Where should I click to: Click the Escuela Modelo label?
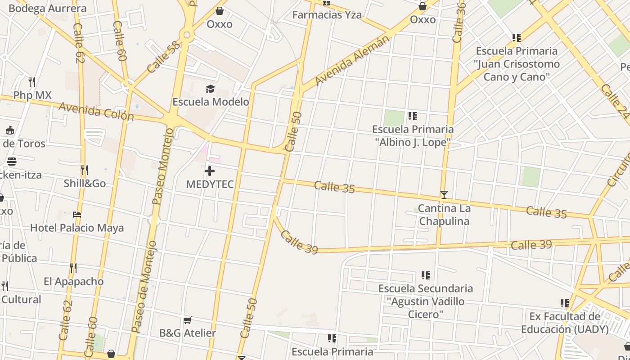(x=211, y=102)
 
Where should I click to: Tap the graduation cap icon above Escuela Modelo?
(x=210, y=89)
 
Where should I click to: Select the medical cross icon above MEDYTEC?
(x=210, y=171)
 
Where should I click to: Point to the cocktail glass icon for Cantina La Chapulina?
(x=444, y=195)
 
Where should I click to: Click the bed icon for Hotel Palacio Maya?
(x=77, y=215)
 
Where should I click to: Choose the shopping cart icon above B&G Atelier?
(x=188, y=320)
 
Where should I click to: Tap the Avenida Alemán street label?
(x=352, y=61)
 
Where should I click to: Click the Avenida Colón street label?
(x=96, y=111)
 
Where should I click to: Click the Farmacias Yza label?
(x=327, y=15)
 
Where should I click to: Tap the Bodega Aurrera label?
(x=47, y=8)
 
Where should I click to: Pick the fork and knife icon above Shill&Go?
(x=84, y=170)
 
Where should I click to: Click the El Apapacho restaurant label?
(x=74, y=282)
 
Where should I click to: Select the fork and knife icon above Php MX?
(x=32, y=82)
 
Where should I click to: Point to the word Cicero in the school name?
(x=425, y=314)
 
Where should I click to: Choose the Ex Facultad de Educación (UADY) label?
(x=565, y=323)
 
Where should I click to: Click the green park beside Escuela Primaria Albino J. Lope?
(x=394, y=118)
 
